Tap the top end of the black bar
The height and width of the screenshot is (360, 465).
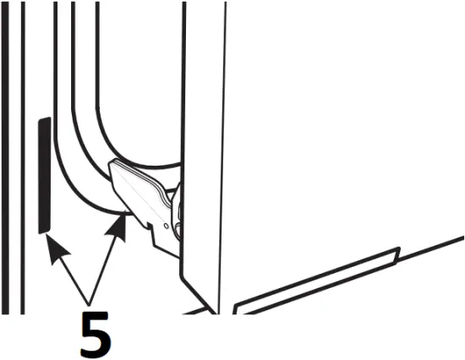[x=44, y=121]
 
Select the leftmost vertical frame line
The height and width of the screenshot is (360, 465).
[x=3, y=169]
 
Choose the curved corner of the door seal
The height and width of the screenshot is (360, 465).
[x=85, y=169]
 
